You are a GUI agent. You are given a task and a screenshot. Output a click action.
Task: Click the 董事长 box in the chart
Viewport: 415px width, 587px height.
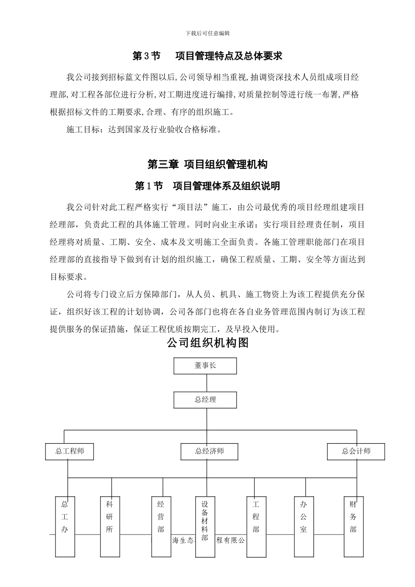[205, 366]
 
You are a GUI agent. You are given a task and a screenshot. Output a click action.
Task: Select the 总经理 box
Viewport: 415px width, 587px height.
[205, 400]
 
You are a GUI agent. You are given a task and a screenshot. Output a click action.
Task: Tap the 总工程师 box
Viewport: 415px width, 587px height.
[70, 452]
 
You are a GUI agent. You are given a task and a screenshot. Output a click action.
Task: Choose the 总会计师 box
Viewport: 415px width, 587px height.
[356, 452]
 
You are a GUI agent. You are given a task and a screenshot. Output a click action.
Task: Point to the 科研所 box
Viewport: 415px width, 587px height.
[109, 526]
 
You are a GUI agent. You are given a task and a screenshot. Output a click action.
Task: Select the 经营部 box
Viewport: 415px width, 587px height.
[161, 526]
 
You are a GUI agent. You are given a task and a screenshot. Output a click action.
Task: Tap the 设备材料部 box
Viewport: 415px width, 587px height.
[205, 526]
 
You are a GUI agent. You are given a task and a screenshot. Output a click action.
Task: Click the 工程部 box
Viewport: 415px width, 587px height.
[256, 526]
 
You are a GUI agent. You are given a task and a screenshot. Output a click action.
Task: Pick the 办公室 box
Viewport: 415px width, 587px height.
[304, 526]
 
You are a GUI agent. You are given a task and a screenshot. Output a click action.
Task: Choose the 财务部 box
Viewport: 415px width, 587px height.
[353, 526]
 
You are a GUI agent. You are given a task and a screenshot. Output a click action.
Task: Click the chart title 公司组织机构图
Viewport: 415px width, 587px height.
[207, 343]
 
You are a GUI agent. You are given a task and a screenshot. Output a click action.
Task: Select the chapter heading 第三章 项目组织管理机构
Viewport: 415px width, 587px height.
[207, 165]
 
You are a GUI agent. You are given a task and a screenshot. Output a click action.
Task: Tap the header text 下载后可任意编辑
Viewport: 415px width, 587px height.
[207, 33]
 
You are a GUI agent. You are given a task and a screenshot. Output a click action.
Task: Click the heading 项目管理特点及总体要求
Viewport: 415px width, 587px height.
[228, 56]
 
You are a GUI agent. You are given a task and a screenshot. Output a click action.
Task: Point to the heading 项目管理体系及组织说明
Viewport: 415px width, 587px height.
[226, 186]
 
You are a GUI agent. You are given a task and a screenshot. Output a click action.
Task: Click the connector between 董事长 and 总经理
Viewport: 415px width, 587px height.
[205, 383]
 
